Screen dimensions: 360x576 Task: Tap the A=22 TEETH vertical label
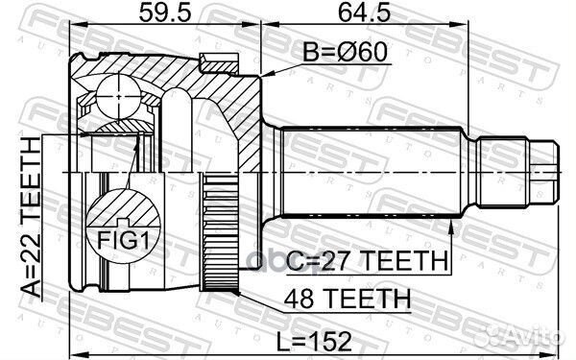30,217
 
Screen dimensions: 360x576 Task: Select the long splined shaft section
374,171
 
